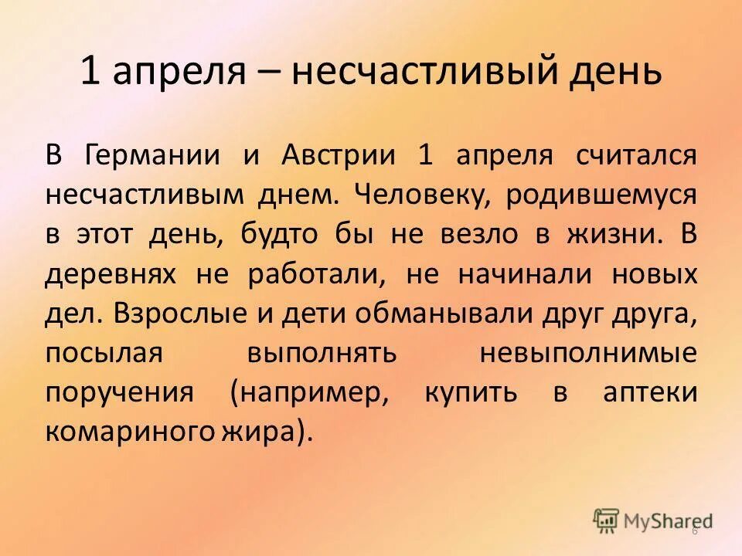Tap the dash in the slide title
270,73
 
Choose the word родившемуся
601,194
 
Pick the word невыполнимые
588,353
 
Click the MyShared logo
654,520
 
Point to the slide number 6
694,531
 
